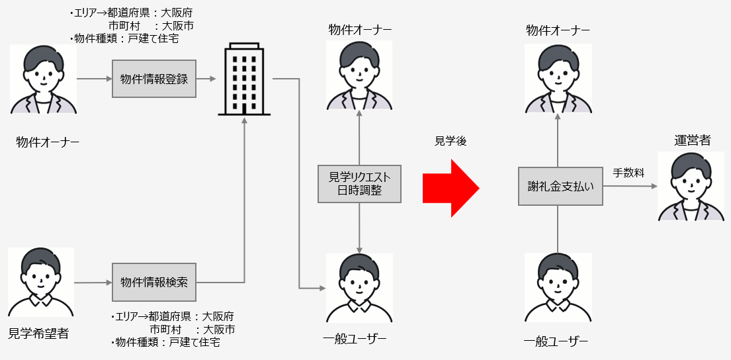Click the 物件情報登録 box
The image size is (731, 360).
point(154,79)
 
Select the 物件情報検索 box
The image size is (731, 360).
point(154,282)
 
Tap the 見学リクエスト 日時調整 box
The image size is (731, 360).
point(359,183)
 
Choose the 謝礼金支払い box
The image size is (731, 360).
point(560,186)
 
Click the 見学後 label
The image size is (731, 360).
point(450,142)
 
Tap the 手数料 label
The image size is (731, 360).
point(628,173)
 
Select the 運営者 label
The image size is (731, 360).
point(692,140)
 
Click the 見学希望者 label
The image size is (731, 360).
point(38,334)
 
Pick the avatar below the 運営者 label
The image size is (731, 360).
point(691,186)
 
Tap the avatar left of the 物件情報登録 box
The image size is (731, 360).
point(44,79)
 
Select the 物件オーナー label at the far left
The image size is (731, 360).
point(48,142)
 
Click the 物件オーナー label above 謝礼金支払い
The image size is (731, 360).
point(558,30)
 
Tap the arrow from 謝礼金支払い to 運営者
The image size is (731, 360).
point(629,186)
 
